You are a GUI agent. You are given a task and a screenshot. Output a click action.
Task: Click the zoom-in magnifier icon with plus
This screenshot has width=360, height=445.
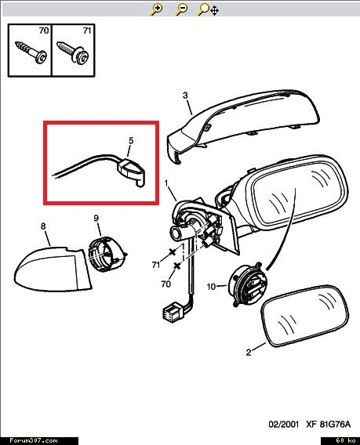pyautogui.click(x=156, y=9)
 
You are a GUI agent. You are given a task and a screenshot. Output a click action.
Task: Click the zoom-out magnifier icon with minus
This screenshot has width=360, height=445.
pyautogui.click(x=181, y=9)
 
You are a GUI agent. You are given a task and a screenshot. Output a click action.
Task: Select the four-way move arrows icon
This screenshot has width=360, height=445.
pyautogui.click(x=215, y=11)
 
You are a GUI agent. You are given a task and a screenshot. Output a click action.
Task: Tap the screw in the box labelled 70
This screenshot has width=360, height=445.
pyautogui.click(x=31, y=52)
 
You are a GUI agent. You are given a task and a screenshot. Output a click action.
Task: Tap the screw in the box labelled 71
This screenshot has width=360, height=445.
pyautogui.click(x=73, y=52)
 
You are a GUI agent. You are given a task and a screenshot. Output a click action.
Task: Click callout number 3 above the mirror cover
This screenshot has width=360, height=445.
pyautogui.click(x=185, y=96)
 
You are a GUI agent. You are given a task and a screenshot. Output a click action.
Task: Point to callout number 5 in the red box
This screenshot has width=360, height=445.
pyautogui.click(x=131, y=140)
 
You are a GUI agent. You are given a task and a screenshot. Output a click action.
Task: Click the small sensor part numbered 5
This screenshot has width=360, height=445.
pyautogui.click(x=131, y=172)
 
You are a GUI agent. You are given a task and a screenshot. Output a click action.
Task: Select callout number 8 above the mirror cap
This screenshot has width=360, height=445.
pyautogui.click(x=43, y=226)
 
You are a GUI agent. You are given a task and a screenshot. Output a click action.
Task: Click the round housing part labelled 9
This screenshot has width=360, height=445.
pyautogui.click(x=107, y=255)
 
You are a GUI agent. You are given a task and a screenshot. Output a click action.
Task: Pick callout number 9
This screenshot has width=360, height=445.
pyautogui.click(x=96, y=219)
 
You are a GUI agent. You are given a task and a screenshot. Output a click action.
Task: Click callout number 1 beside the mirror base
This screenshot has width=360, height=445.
pyautogui.click(x=166, y=183)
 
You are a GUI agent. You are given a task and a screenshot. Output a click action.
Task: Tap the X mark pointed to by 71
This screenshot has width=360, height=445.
pyautogui.click(x=173, y=251)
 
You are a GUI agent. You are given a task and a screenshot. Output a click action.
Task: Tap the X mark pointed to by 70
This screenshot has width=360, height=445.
pyautogui.click(x=177, y=266)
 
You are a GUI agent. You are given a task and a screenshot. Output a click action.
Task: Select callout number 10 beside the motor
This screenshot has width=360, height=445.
pyautogui.click(x=211, y=287)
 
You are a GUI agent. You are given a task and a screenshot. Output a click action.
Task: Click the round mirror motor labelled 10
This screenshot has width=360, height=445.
pyautogui.click(x=248, y=284)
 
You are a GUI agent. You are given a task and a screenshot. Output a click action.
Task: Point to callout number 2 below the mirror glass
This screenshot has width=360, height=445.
pyautogui.click(x=249, y=353)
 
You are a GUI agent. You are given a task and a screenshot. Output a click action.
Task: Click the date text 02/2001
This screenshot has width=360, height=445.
pyautogui.click(x=284, y=425)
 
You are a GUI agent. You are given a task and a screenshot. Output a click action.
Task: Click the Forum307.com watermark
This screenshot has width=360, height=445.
pyautogui.click(x=33, y=440)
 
